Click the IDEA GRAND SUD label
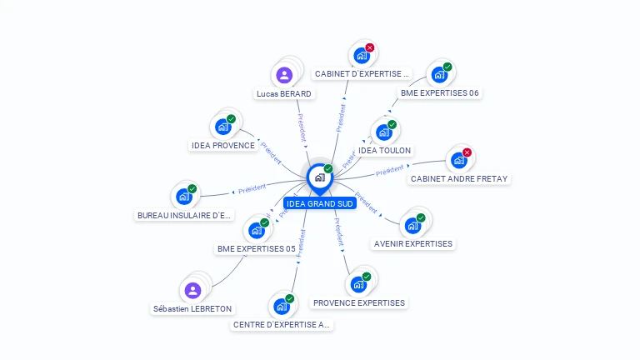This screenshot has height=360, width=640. click(320, 203)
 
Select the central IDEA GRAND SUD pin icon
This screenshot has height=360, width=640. click(319, 177)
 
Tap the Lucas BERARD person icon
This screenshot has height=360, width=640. click(284, 76)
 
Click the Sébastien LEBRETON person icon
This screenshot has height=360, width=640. click(192, 291)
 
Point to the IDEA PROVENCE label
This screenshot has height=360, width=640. click(223, 145)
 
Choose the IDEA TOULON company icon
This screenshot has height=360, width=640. click(383, 132)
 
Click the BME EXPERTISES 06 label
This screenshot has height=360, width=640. click(439, 92)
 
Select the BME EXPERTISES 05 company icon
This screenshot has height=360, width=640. click(256, 230)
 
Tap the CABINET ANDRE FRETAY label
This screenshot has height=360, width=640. click(458, 178)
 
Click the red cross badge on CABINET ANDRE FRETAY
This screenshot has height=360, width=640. click(467, 152)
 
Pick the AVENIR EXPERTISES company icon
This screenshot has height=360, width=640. click(412, 225)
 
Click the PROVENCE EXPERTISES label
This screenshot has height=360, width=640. click(358, 302)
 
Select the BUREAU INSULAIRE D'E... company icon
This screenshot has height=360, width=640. click(183, 197)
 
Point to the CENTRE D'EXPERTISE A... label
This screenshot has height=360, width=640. click(282, 324)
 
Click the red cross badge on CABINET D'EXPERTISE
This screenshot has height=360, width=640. click(370, 47)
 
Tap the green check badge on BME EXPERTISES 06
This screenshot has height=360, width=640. click(447, 67)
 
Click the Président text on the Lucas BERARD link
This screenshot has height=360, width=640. click(302, 127)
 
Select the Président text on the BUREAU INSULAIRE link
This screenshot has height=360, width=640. click(251, 189)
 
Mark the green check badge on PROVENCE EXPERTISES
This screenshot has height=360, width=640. click(367, 277)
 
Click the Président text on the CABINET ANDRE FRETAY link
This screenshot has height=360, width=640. click(389, 170)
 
